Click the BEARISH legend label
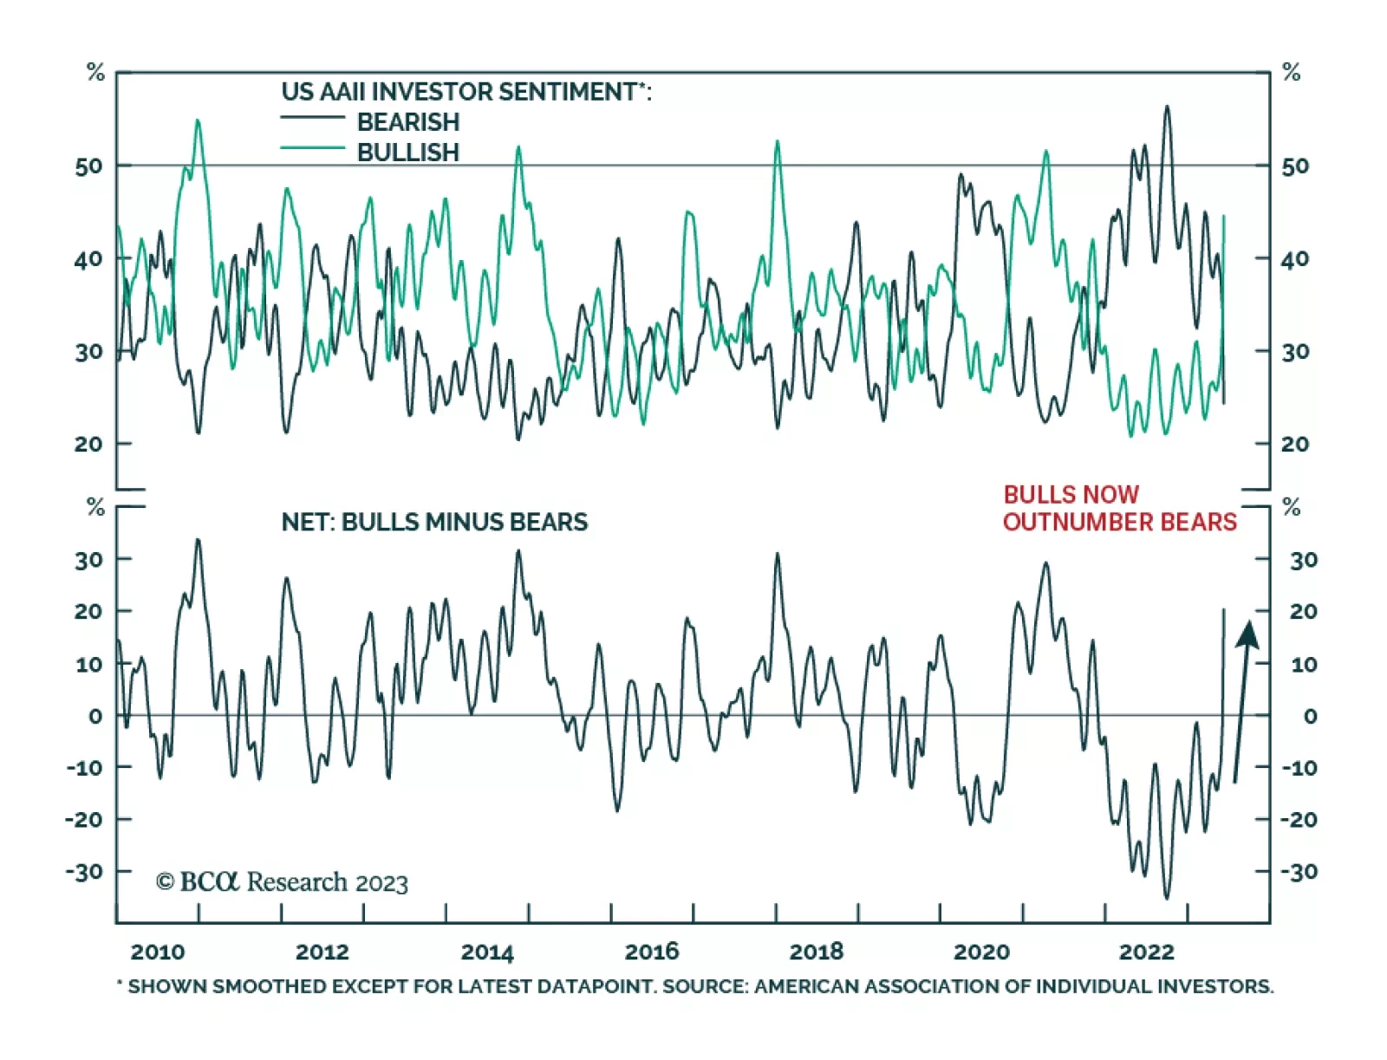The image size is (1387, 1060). pyautogui.click(x=407, y=121)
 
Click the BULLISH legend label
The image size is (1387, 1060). pyautogui.click(x=407, y=152)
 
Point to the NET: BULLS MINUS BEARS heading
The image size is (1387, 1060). pyautogui.click(x=434, y=522)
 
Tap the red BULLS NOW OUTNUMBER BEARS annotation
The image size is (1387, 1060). pyautogui.click(x=1119, y=508)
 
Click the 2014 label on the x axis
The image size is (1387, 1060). pyautogui.click(x=487, y=952)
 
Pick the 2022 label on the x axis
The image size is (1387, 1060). pyautogui.click(x=1146, y=952)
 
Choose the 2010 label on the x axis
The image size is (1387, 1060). pyautogui.click(x=157, y=952)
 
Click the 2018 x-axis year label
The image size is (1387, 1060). pyautogui.click(x=816, y=952)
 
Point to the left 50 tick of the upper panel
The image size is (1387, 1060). pyautogui.click(x=88, y=166)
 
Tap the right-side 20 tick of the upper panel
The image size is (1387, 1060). pyautogui.click(x=1295, y=444)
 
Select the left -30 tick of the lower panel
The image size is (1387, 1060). pyautogui.click(x=84, y=871)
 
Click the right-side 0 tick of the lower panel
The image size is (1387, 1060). pyautogui.click(x=1310, y=716)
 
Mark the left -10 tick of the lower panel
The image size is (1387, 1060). pyautogui.click(x=84, y=767)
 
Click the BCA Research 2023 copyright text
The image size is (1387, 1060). pyautogui.click(x=282, y=882)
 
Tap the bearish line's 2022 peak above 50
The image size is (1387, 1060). pyautogui.click(x=1167, y=107)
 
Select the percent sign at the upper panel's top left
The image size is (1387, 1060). pyautogui.click(x=95, y=72)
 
